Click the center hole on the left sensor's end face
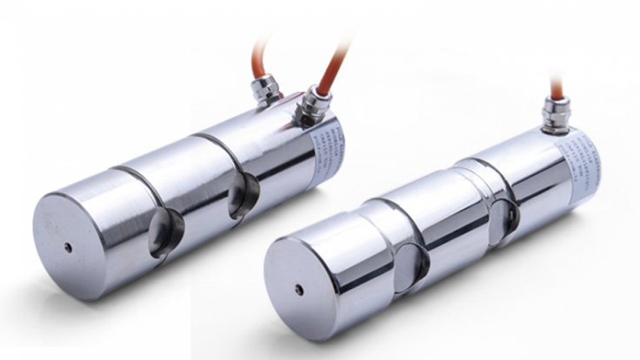68,247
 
